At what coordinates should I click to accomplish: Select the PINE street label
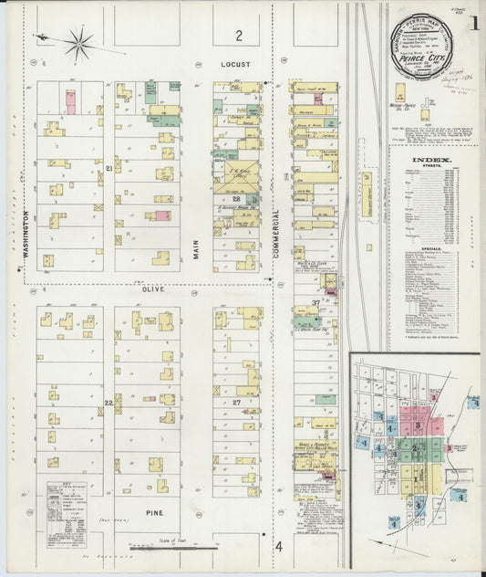[x=154, y=514]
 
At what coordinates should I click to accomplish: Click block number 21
[x=109, y=170]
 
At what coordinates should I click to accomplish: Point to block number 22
[x=109, y=403]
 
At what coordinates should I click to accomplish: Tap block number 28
[x=235, y=198]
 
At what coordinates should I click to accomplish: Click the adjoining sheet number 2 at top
[x=239, y=36]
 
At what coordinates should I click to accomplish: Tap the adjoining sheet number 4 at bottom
[x=279, y=546]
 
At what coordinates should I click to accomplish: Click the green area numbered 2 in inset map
[x=414, y=448]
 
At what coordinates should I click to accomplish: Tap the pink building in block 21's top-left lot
[x=70, y=101]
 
